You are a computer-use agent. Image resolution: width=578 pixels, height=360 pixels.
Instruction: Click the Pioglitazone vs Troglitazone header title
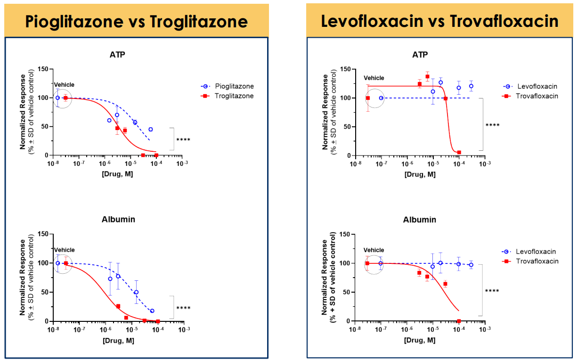pos(137,21)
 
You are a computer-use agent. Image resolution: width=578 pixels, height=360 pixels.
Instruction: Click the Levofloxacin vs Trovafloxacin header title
pos(440,21)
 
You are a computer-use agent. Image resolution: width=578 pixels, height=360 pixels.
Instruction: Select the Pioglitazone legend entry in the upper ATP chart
pos(234,86)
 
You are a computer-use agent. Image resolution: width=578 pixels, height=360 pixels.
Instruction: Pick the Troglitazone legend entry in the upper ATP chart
pos(234,96)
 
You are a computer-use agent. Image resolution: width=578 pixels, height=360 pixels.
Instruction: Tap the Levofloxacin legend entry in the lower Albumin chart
pos(537,252)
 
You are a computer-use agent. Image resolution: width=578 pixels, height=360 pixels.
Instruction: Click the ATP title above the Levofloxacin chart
pos(420,55)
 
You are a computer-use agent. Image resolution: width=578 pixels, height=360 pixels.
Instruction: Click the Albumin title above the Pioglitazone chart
pos(118,219)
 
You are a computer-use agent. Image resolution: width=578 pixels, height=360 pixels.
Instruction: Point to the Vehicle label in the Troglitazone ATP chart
pos(64,85)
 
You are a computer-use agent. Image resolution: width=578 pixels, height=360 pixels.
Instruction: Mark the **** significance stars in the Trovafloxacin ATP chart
pos(492,125)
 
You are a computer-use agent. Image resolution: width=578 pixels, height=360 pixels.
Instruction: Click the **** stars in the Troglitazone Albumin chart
pos(183,308)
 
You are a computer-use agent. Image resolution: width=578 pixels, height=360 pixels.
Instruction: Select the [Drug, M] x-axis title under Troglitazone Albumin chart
pos(118,340)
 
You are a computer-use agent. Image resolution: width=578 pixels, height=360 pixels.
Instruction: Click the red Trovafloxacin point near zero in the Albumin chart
pos(458,321)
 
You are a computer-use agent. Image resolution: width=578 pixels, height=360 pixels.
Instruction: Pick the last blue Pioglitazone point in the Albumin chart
pos(152,311)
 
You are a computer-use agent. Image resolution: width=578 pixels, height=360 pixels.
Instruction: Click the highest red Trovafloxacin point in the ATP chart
pos(428,76)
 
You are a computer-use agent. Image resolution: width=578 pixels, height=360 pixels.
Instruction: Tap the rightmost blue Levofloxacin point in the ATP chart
pos(471,86)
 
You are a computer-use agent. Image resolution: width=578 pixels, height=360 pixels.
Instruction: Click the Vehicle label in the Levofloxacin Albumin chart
pos(374,250)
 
